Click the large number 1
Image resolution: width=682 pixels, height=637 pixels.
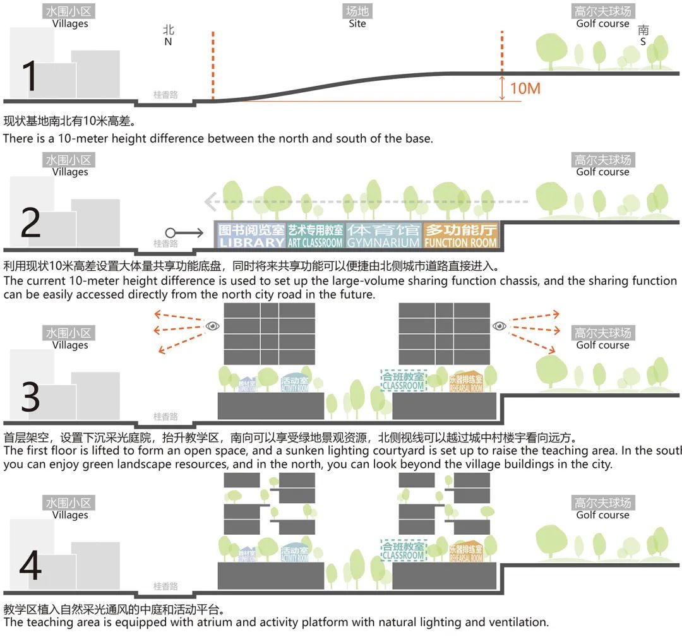[x=30, y=76]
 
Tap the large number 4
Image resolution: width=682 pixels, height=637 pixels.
[x=30, y=565]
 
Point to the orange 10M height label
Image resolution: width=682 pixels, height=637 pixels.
[x=525, y=88]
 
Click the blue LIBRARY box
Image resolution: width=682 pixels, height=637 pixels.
[x=251, y=235]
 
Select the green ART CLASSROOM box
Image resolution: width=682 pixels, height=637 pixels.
[x=315, y=235]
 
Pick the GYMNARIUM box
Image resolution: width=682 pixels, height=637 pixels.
[x=383, y=235]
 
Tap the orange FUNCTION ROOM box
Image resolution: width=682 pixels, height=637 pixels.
[x=461, y=235]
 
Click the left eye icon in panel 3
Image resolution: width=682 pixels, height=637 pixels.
[x=213, y=326]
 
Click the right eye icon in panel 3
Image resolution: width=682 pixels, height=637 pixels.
[x=500, y=326]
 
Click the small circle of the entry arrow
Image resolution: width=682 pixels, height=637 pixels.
[x=170, y=233]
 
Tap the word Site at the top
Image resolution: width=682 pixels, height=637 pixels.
[x=357, y=24]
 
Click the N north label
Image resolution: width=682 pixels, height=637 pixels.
[x=168, y=42]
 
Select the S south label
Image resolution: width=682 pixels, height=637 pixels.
[x=643, y=42]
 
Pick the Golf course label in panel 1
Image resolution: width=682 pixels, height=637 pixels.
[x=602, y=24]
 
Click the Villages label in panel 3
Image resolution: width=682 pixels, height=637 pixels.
[x=69, y=345]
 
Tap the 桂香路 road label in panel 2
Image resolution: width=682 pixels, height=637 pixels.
[x=165, y=244]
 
